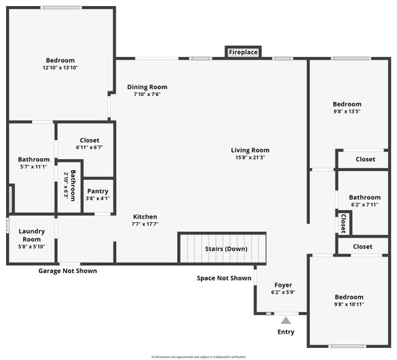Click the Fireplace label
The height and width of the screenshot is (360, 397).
tap(243, 52)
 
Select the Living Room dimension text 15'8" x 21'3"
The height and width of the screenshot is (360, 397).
tap(250, 157)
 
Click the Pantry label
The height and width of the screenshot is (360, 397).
tap(98, 191)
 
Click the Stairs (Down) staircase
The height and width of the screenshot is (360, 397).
tap(222, 248)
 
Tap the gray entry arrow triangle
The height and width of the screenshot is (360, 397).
tap(285, 320)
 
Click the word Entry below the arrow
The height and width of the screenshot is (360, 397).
tap(286, 331)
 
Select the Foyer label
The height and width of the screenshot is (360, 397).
tap(283, 285)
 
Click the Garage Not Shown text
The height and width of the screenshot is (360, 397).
tap(68, 271)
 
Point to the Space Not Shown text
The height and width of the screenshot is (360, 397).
tap(224, 278)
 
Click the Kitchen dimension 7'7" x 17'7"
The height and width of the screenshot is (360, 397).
tap(145, 224)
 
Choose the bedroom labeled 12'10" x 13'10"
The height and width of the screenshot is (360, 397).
tap(60, 64)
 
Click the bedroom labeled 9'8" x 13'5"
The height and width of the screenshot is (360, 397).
tap(347, 108)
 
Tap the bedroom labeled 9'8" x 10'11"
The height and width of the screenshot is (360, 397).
tap(348, 300)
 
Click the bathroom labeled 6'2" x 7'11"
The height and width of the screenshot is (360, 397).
tap(364, 201)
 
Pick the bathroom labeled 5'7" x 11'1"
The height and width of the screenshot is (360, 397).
tap(33, 163)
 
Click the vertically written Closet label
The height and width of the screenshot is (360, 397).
tap(343, 223)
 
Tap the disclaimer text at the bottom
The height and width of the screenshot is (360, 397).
tap(198, 356)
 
